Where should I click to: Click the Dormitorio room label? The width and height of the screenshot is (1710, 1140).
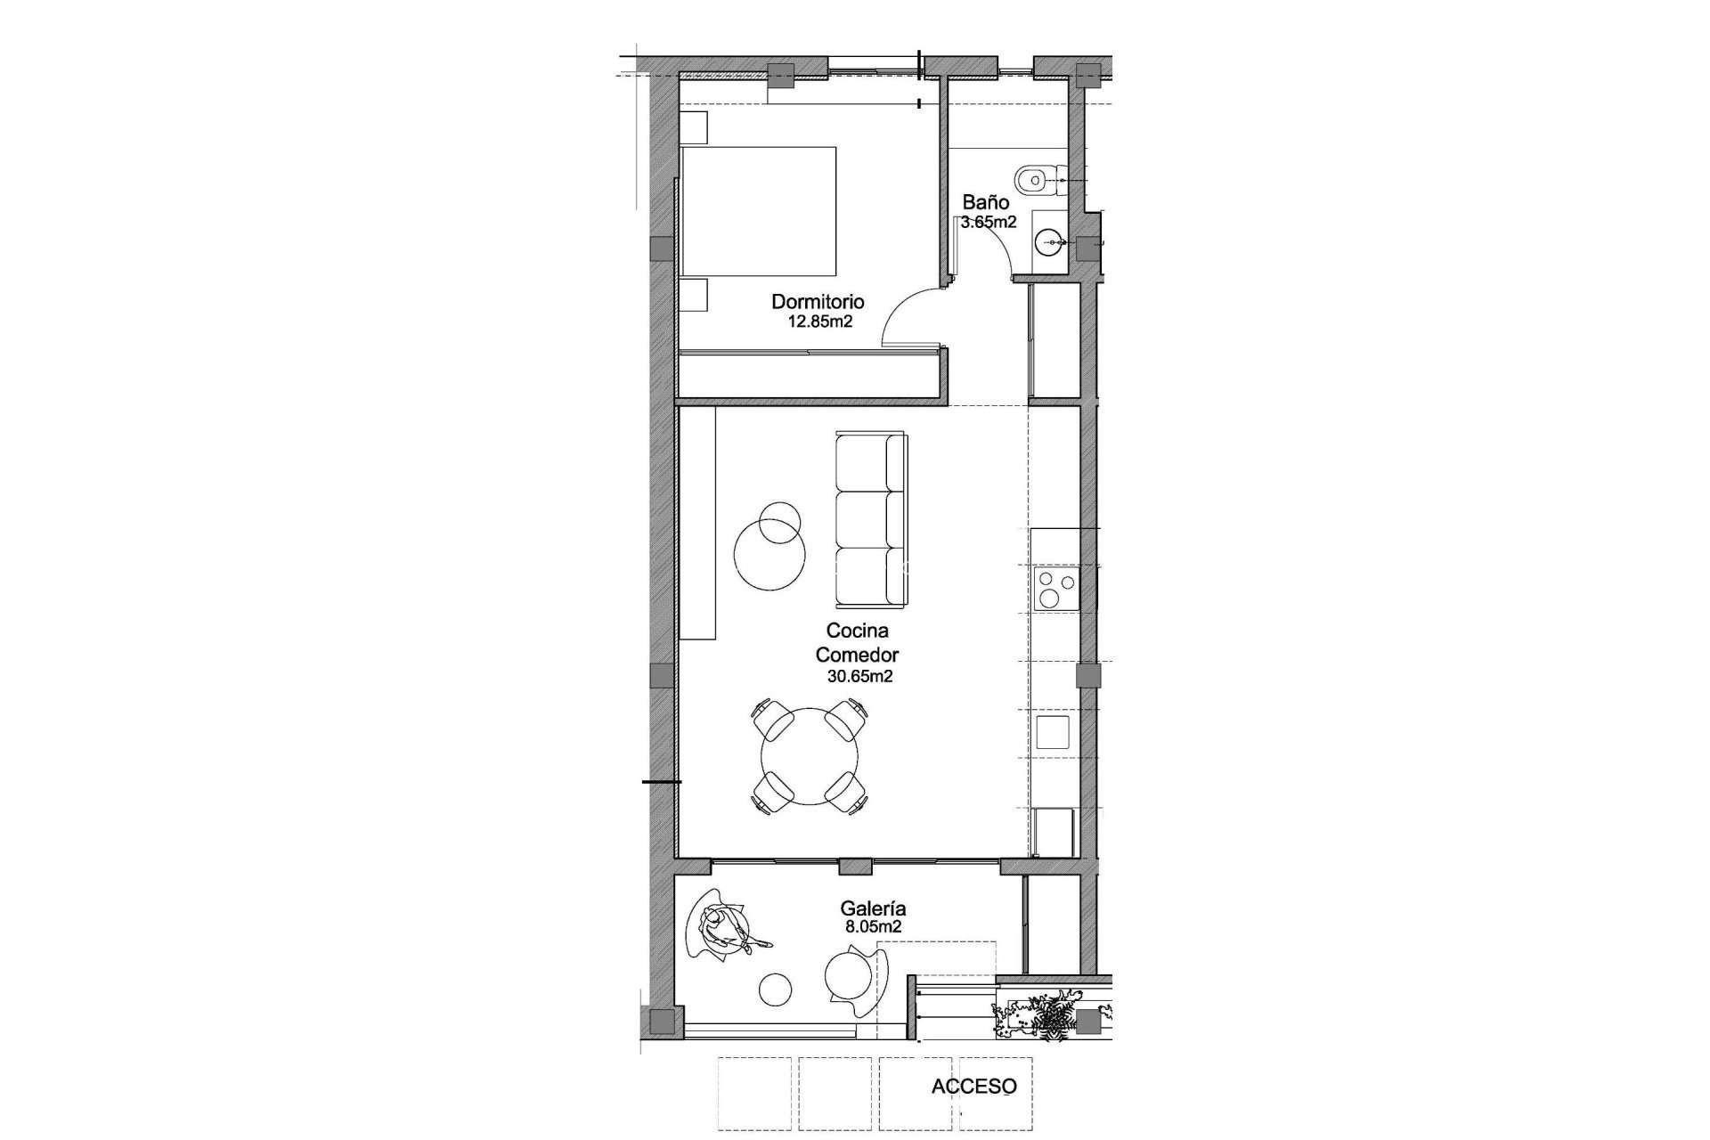(818, 302)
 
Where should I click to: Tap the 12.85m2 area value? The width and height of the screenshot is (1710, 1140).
(820, 322)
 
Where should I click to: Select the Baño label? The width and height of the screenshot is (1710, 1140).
(985, 203)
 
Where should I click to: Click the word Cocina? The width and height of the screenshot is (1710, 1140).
(858, 631)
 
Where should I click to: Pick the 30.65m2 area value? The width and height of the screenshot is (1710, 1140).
(860, 676)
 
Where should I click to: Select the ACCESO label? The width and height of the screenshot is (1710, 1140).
(973, 1087)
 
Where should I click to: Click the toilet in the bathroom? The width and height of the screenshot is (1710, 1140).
(1036, 179)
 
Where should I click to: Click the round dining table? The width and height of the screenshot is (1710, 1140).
(810, 756)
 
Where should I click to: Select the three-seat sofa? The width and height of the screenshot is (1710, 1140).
(871, 517)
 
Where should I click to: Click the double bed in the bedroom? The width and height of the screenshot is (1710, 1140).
(759, 211)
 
